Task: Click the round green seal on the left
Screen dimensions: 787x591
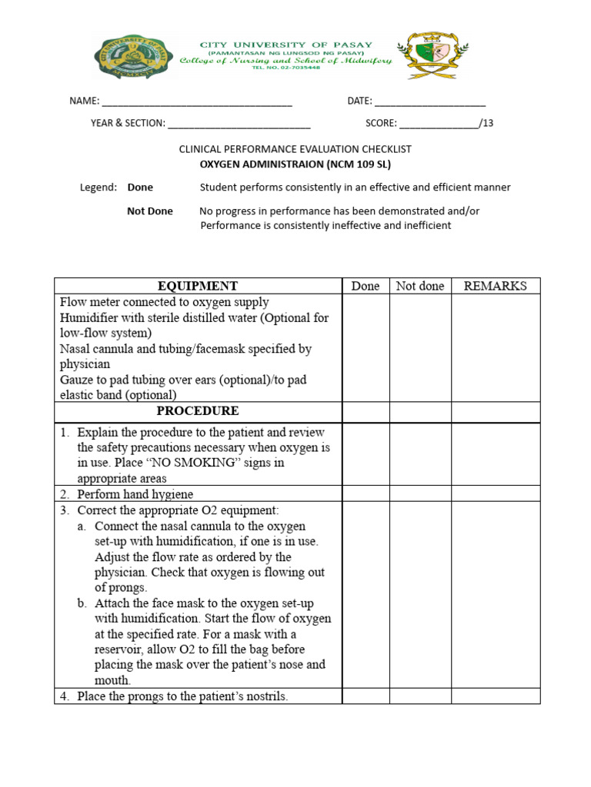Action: pyautogui.click(x=133, y=57)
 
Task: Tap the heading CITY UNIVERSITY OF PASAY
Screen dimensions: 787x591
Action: pyautogui.click(x=285, y=45)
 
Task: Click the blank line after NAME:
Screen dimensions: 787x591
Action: pyautogui.click(x=197, y=101)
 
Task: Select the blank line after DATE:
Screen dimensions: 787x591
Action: pyautogui.click(x=430, y=101)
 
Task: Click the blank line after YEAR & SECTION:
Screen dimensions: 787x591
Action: pyautogui.click(x=239, y=123)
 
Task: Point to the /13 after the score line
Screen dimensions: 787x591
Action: pyautogui.click(x=486, y=123)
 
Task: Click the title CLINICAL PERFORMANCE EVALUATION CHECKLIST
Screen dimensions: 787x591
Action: pyautogui.click(x=295, y=149)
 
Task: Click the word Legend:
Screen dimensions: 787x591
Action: pyautogui.click(x=98, y=188)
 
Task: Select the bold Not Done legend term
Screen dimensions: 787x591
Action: pyautogui.click(x=150, y=211)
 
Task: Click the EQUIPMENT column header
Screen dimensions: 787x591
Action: pyautogui.click(x=198, y=286)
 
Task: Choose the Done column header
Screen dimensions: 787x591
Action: pyautogui.click(x=366, y=286)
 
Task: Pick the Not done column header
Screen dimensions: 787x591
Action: pyautogui.click(x=420, y=286)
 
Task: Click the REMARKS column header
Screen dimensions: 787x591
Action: pyautogui.click(x=496, y=286)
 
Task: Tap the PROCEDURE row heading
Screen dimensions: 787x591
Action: pyautogui.click(x=198, y=411)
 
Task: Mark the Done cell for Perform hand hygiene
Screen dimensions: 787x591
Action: pyautogui.click(x=366, y=494)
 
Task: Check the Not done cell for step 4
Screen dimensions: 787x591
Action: pyautogui.click(x=420, y=696)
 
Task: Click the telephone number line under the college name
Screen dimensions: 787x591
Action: pyautogui.click(x=285, y=68)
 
